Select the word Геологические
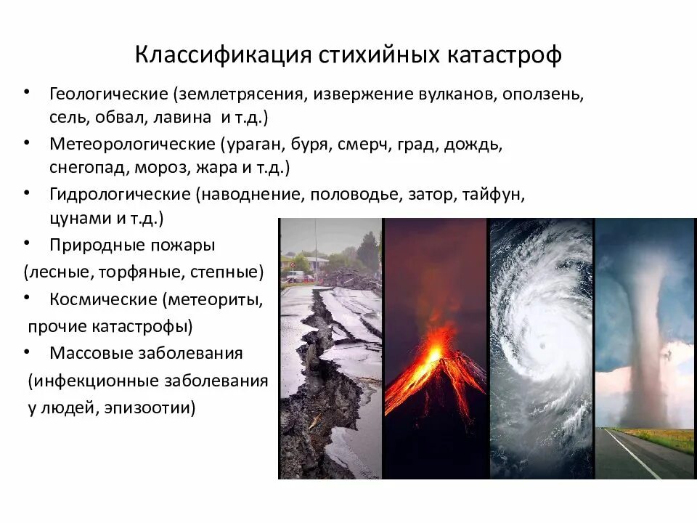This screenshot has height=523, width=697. (108, 95)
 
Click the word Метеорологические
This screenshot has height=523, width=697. (132, 143)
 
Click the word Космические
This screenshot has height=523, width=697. (104, 299)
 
